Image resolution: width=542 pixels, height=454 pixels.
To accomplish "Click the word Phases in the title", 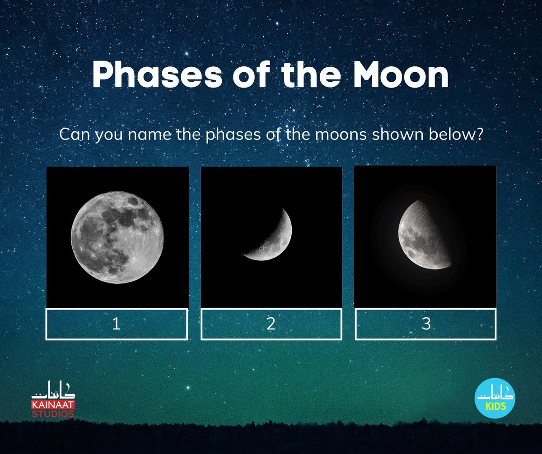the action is coord(157,75).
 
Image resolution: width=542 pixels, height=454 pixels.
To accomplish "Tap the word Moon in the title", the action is coord(401,75).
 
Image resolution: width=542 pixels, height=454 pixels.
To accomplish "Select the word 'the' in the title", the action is coord(312,75).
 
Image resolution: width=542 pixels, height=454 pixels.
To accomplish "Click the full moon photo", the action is coord(117,237).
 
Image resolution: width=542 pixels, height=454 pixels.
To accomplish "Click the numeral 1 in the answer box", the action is coord(116,324).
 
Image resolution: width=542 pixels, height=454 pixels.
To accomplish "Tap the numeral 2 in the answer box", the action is coord(271,324).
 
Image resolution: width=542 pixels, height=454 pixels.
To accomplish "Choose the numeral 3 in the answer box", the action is coord(426,324).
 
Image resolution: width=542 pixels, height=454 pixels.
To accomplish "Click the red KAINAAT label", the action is coord(53,405).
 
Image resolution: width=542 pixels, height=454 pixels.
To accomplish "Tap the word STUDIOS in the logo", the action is coord(53,413).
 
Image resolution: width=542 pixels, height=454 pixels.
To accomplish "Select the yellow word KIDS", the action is coord(495,406).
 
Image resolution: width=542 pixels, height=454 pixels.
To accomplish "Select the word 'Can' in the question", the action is coord(75,134).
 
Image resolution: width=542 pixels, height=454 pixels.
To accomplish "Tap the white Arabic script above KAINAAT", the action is coord(53,389).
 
